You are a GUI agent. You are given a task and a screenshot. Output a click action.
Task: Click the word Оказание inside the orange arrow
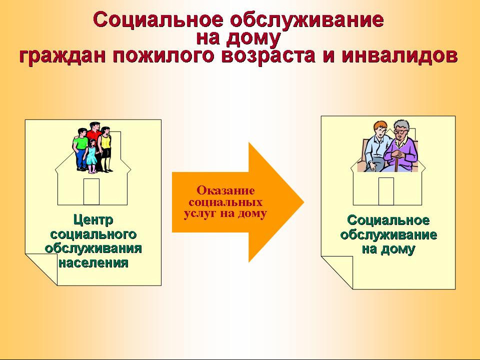[x=225, y=190]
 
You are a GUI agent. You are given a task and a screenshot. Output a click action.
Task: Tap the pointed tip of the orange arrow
[x=303, y=202]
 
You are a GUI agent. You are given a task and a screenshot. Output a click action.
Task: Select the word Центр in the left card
[x=93, y=220]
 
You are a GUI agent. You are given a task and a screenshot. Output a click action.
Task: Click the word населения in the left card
[x=93, y=262]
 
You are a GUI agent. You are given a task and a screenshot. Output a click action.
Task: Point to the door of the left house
[x=91, y=191]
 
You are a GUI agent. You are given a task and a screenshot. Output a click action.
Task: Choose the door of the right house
[x=386, y=191]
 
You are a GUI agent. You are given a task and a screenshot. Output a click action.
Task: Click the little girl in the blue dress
[x=91, y=156]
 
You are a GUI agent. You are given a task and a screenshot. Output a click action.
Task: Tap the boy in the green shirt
[x=81, y=149]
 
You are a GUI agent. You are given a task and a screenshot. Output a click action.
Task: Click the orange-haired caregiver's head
[x=380, y=129]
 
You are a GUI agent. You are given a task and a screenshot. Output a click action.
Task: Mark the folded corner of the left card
[x=42, y=269]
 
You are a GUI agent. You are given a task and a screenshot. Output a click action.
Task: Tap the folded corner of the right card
[x=337, y=272]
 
